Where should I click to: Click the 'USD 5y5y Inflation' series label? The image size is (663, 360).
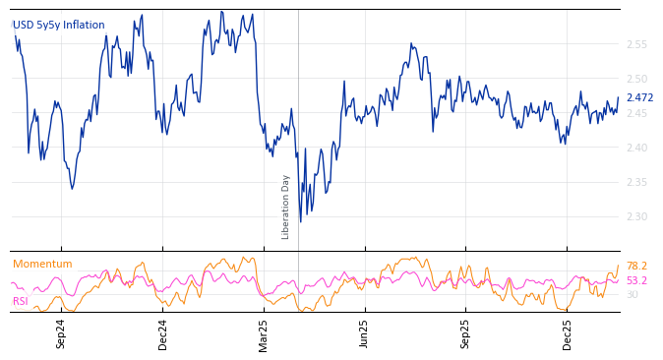[59, 26]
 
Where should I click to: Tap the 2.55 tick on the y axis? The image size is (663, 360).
[636, 44]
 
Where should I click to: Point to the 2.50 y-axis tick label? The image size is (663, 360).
[636, 79]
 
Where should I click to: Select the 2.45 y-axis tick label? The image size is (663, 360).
[636, 113]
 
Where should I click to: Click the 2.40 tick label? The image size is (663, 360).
[636, 148]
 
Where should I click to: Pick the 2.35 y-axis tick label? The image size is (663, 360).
[636, 182]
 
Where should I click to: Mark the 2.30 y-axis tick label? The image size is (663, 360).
[636, 216]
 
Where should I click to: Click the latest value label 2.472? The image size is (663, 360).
[639, 98]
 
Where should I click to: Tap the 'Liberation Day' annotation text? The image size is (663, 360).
[286, 207]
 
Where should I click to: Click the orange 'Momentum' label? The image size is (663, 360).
[42, 265]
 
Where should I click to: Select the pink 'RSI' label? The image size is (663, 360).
[21, 302]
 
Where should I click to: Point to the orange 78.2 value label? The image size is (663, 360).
[636, 267]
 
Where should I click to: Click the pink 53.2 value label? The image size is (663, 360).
[636, 281]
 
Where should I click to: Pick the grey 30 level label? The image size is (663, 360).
[633, 295]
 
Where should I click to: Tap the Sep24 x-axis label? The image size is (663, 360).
[61, 333]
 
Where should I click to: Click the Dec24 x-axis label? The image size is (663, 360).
[163, 333]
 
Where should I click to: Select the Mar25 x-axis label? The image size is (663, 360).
[264, 333]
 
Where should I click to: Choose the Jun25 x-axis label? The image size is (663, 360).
[364, 333]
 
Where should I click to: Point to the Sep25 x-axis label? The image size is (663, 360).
[465, 333]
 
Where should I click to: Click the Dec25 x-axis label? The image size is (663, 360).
[568, 333]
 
